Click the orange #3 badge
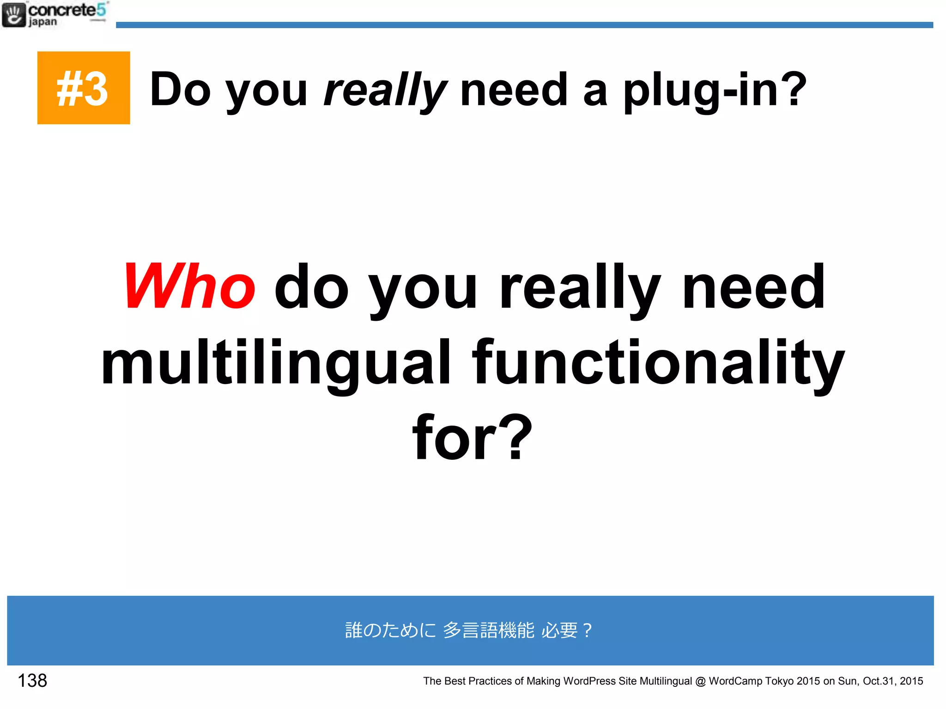[84, 88]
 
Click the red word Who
[189, 286]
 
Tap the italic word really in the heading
[385, 90]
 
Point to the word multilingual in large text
[276, 362]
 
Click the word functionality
[658, 362]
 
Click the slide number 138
[32, 680]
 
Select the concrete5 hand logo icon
[14, 15]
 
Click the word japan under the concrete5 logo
[43, 22]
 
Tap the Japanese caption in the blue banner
[468, 630]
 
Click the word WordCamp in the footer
[735, 681]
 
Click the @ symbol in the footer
[700, 681]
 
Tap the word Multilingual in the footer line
[666, 681]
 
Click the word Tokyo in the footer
[780, 681]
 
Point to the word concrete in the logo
[62, 10]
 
